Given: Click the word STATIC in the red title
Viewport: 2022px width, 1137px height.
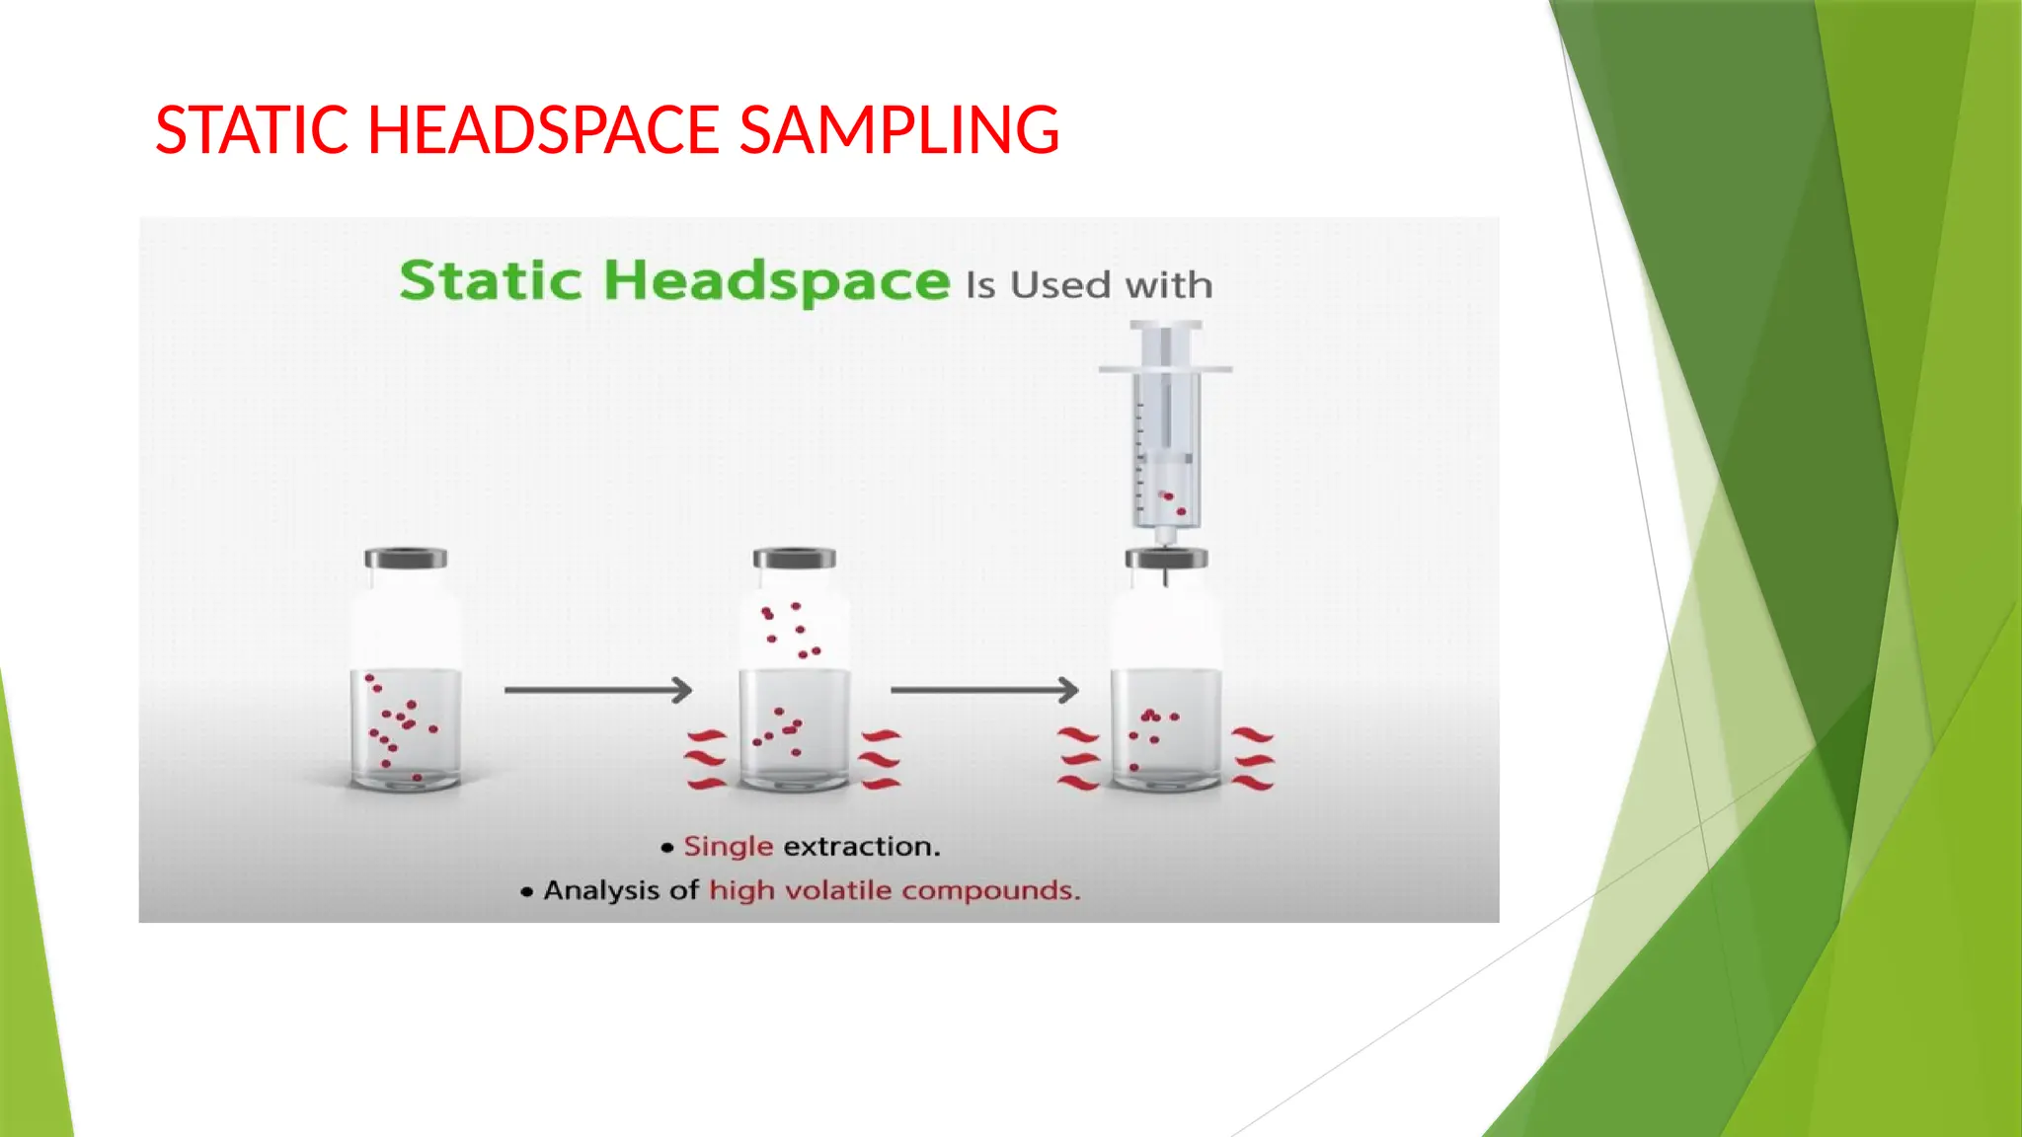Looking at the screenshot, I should coord(252,130).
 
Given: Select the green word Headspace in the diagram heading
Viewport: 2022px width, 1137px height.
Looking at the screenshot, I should coord(776,281).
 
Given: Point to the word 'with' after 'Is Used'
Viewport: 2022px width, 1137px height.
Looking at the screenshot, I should coord(1169,285).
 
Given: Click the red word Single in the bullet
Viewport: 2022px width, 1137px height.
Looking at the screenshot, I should coord(728,846).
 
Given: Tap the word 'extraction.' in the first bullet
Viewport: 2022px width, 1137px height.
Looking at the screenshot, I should coord(861,846).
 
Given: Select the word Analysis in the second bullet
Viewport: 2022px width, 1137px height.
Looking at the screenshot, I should coord(602,890).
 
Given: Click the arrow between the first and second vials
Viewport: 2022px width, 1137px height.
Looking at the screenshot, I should coord(597,690).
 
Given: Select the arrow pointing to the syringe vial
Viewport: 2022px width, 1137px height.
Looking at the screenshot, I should coord(983,690).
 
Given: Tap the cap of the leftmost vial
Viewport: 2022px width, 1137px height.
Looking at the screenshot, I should coord(406,559).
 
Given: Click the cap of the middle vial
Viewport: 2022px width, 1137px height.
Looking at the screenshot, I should coord(795,559).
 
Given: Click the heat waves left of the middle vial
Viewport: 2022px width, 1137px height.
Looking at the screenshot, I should coord(707,760).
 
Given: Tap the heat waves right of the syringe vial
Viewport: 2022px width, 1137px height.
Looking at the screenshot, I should coord(1253,759).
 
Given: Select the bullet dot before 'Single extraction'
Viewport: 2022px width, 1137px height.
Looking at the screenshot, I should coord(667,847).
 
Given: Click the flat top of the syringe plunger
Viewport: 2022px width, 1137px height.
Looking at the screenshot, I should coord(1166,325).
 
